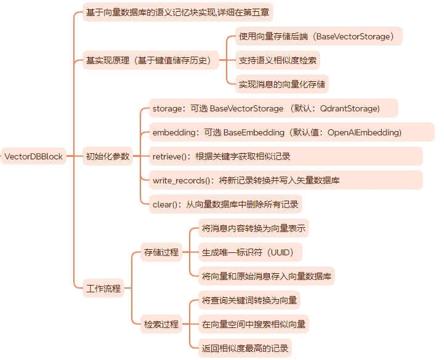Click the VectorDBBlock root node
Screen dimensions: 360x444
34,156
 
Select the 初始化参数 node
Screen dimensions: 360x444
108,156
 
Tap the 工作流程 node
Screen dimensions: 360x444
103,288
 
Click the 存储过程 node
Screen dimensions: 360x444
161,252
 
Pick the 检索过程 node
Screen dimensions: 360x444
161,324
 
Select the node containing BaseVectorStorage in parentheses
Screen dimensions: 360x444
318,36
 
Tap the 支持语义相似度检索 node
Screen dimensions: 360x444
279,60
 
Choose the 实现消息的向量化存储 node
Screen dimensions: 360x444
283,84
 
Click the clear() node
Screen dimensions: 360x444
226,204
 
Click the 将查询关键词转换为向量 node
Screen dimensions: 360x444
249,300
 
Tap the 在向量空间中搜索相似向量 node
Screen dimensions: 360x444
254,324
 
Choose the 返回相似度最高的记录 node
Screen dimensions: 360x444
245,348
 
